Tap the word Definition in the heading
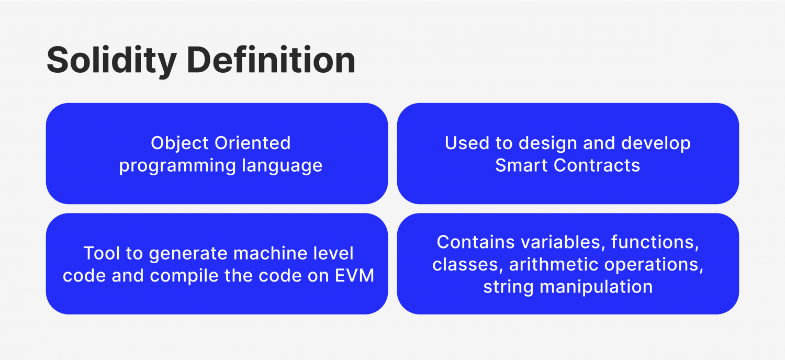coord(271,60)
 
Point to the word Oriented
coord(253,143)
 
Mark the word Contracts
coord(597,165)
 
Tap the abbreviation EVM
coord(355,276)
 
